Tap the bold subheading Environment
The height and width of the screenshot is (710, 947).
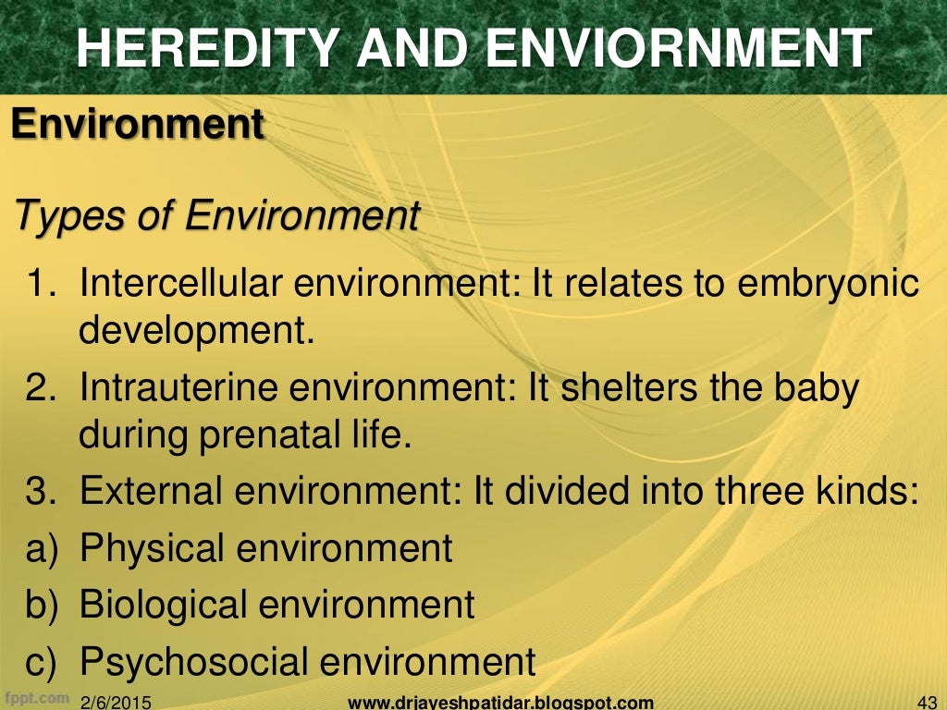click(138, 124)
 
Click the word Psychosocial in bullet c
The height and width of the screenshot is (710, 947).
click(192, 662)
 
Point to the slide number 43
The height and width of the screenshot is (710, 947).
click(925, 702)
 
